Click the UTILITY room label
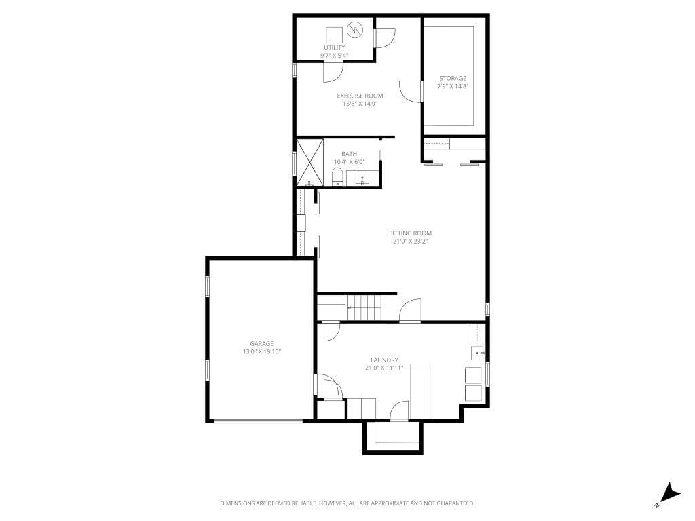tap(334, 47)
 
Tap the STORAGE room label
tap(453, 78)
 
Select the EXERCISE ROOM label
tap(360, 96)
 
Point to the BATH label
tap(349, 154)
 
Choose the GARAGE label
tap(261, 344)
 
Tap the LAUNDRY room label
tap(384, 360)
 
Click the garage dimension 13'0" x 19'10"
tap(261, 352)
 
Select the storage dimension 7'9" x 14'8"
tap(453, 86)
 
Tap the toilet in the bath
tap(337, 176)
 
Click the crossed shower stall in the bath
tap(309, 162)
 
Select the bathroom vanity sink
tap(362, 178)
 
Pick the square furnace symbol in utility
tap(334, 35)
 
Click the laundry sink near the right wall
tap(477, 353)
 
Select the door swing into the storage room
tap(409, 91)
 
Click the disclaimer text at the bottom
tap(347, 503)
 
